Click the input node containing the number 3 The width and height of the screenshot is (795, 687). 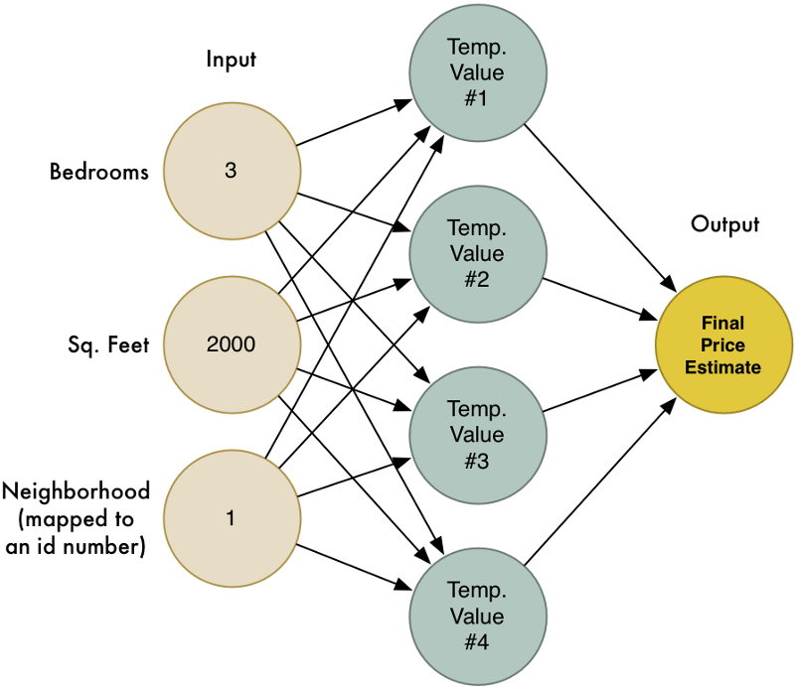(231, 171)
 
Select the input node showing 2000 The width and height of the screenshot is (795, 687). (231, 344)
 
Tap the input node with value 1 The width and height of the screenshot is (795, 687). (231, 517)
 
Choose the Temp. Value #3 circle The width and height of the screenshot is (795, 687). (476, 435)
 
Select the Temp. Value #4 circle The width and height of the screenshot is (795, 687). (476, 617)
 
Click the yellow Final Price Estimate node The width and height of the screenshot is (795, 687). (723, 345)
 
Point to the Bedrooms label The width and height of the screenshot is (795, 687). (99, 172)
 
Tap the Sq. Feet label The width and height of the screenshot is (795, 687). (109, 345)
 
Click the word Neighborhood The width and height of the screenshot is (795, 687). (77, 491)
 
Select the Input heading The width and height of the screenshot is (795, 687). (231, 60)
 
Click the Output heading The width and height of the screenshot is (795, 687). (724, 224)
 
